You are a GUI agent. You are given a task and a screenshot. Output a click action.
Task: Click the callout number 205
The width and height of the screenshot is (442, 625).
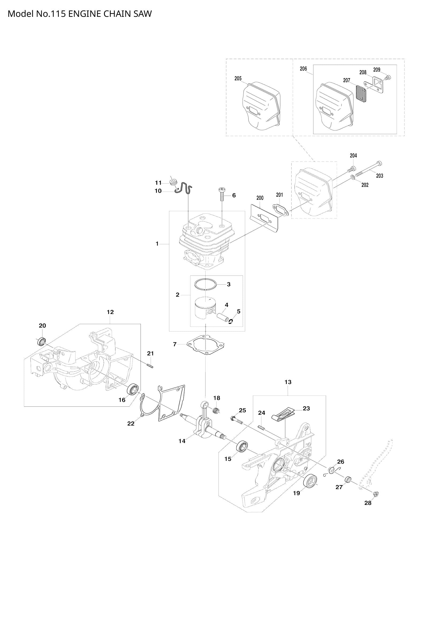[238, 79]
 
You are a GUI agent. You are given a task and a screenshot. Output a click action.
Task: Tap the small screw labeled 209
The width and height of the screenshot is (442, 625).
[388, 77]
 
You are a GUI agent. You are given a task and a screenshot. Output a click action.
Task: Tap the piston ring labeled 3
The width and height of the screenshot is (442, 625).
[206, 285]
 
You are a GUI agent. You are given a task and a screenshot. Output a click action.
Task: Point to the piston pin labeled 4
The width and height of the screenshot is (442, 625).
[222, 317]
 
